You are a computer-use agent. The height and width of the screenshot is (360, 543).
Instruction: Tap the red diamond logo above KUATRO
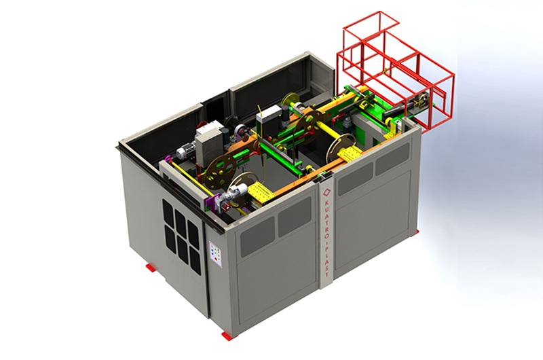tap(326, 192)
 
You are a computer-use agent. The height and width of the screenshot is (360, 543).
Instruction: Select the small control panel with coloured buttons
tap(215, 254)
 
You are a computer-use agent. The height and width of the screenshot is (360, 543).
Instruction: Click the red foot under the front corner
tap(227, 336)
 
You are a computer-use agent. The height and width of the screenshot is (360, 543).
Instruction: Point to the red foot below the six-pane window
tap(151, 267)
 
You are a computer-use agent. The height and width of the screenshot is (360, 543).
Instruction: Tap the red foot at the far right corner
tap(415, 233)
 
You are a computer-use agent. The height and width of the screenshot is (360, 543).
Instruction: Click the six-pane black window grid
tap(182, 236)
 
